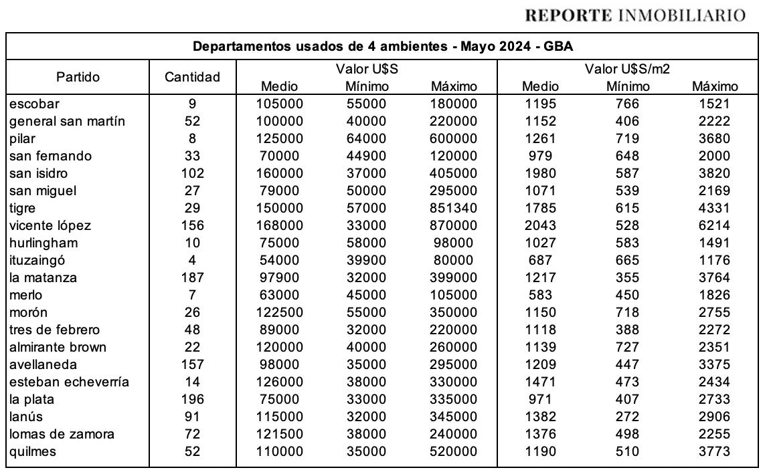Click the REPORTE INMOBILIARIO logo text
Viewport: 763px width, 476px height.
tap(635, 15)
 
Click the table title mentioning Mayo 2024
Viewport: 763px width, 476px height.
tap(383, 47)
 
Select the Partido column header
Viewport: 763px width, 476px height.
tap(78, 77)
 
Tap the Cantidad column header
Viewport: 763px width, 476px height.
tap(192, 77)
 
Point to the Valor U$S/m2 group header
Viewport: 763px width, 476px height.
tap(628, 69)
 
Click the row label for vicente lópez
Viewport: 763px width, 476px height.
tap(50, 225)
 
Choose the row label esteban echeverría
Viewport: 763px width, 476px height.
tap(70, 382)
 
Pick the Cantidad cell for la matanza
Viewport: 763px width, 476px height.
tap(192, 277)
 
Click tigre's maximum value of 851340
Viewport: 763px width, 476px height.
tap(454, 208)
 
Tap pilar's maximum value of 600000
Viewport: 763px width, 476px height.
tap(454, 138)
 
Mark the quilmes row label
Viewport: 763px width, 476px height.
tap(33, 451)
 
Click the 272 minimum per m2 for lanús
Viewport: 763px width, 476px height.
tap(628, 416)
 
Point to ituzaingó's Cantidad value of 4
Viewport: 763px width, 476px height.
tap(192, 260)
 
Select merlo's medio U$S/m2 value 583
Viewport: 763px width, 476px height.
tap(539, 295)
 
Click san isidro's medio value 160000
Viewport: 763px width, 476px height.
tap(280, 173)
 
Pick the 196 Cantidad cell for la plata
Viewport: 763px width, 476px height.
tap(192, 399)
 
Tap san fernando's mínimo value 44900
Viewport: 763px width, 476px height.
tap(367, 156)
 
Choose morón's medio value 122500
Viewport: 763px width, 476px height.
tap(280, 312)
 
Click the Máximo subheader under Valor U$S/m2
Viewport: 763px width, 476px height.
tap(714, 86)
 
